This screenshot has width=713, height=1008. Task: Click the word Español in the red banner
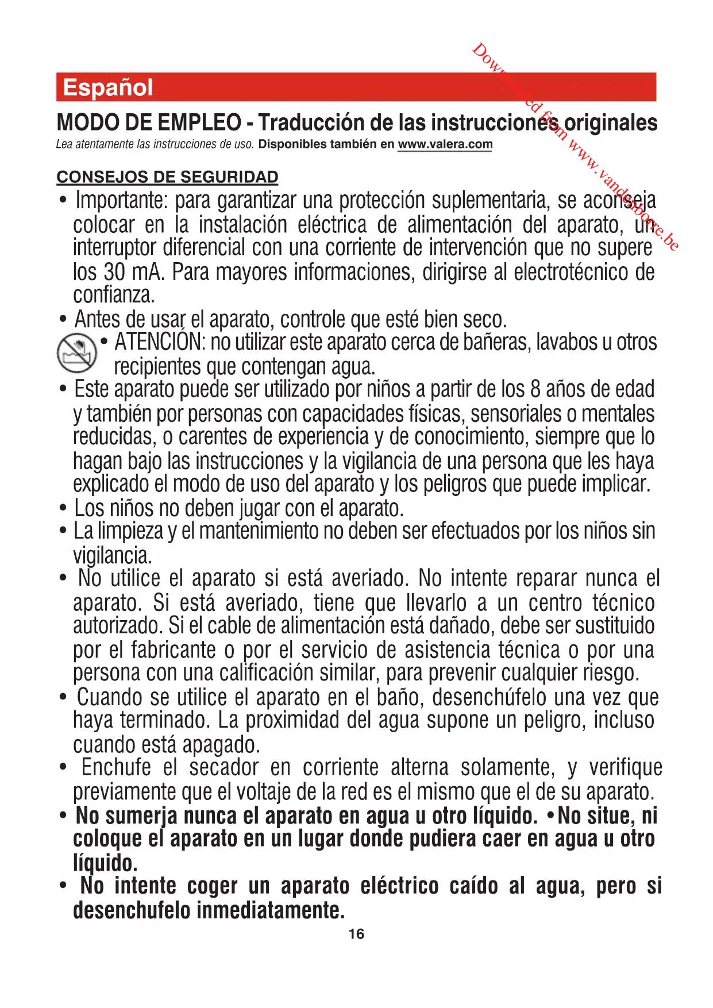[x=108, y=88]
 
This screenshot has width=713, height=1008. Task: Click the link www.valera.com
[x=445, y=144]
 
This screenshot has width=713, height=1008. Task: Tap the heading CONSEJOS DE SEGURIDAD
[x=167, y=177]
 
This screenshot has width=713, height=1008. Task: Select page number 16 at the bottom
[x=356, y=934]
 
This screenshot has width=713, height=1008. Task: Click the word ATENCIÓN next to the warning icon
[x=159, y=343]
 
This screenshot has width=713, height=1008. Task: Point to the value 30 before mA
[x=115, y=272]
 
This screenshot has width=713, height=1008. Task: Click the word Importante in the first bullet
[x=121, y=201]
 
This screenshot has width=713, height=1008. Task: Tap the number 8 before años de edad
[x=535, y=390]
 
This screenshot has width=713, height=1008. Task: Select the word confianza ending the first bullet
[x=113, y=295]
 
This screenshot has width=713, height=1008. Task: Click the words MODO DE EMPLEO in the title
[x=149, y=122]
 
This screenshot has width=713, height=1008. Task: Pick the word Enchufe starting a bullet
[x=116, y=768]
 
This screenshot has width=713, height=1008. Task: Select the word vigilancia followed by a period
[x=111, y=555]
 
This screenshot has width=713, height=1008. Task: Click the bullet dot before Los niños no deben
[x=63, y=509]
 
